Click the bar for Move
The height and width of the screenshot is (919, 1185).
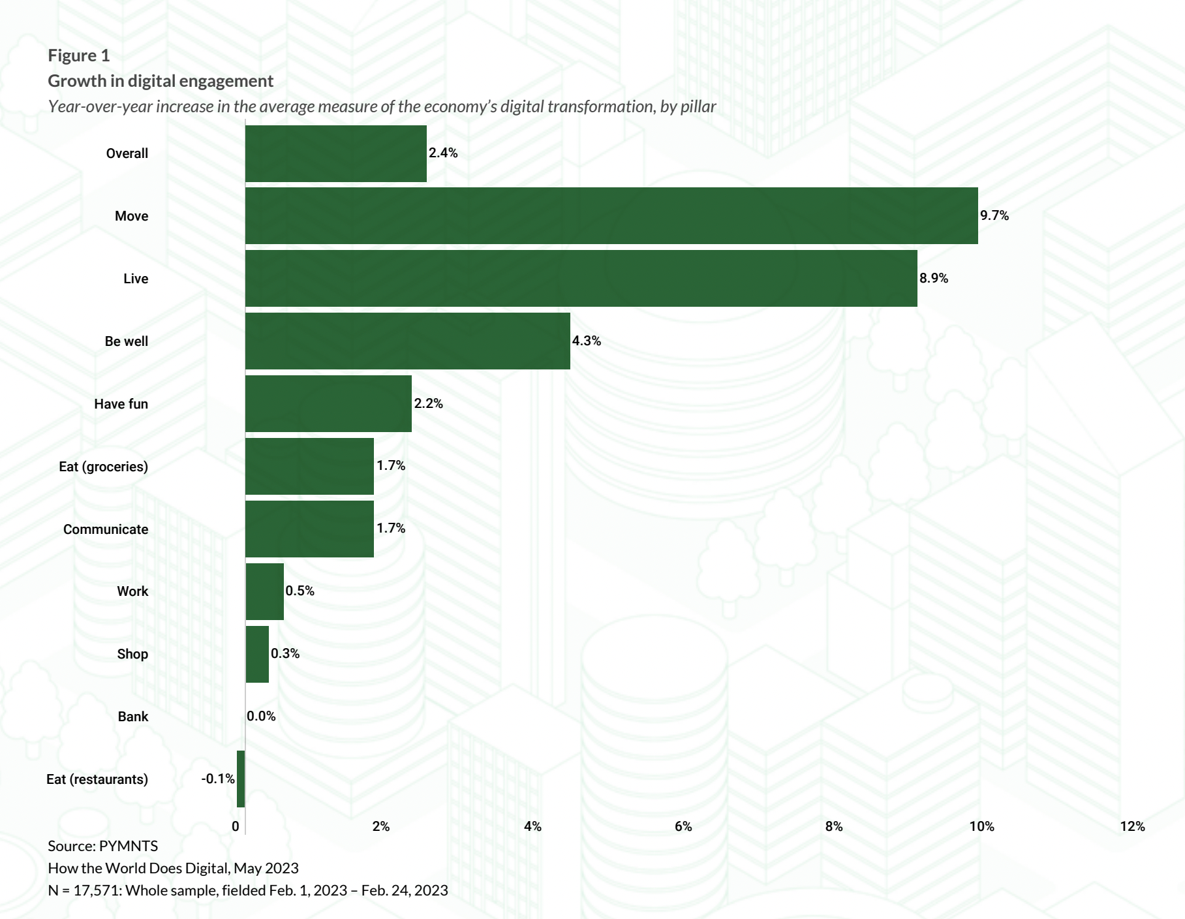(611, 216)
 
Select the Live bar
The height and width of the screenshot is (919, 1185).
(581, 279)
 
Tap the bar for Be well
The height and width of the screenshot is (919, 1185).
(408, 341)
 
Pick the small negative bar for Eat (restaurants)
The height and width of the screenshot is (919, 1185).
(241, 779)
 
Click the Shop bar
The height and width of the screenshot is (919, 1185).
(257, 655)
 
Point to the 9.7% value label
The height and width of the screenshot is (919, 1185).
(994, 215)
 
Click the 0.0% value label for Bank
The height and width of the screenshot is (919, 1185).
(261, 716)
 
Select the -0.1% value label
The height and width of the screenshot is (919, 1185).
(218, 779)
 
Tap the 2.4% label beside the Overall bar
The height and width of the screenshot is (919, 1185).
(443, 153)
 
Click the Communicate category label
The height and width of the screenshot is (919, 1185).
(106, 529)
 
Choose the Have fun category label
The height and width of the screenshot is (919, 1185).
(121, 404)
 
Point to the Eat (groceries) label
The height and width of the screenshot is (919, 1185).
(103, 467)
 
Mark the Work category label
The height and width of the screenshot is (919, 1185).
(132, 591)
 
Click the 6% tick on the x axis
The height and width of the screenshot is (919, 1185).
(683, 826)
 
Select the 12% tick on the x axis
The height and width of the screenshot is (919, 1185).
(1132, 826)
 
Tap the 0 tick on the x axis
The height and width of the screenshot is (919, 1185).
(236, 826)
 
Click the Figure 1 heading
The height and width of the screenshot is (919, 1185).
(79, 55)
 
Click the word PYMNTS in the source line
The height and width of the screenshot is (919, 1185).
(129, 846)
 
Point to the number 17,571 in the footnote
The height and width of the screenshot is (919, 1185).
(97, 890)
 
